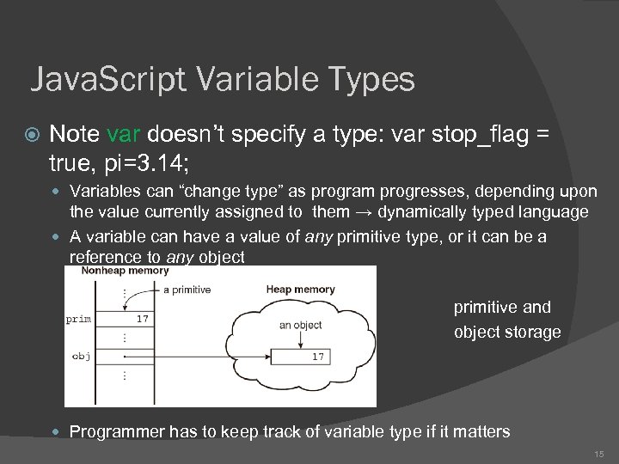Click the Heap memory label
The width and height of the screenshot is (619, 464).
click(x=300, y=290)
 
